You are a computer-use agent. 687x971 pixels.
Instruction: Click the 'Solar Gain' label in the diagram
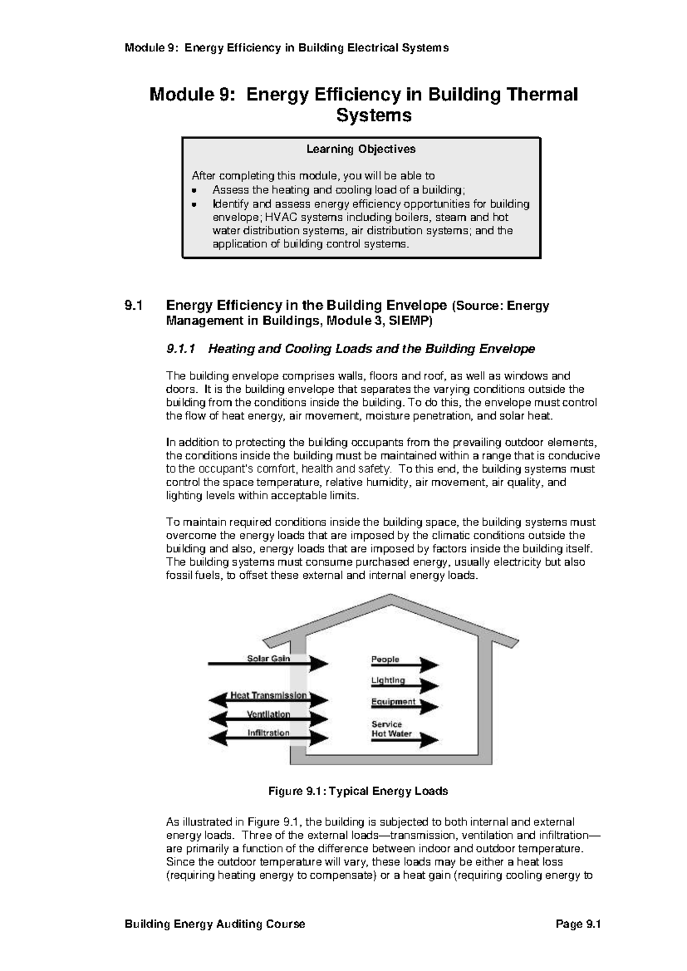click(269, 658)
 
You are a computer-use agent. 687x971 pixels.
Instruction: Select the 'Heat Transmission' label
click(269, 695)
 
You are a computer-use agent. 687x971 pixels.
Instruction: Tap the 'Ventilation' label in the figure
click(269, 714)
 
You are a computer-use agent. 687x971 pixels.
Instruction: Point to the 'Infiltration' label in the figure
click(269, 732)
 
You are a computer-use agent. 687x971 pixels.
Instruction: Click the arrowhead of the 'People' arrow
click(429, 665)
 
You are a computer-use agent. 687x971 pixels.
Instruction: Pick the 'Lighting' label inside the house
click(388, 680)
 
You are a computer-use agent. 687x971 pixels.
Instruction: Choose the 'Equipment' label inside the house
click(393, 701)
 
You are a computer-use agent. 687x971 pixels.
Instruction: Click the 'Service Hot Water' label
click(392, 729)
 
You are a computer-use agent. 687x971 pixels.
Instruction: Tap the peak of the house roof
click(391, 597)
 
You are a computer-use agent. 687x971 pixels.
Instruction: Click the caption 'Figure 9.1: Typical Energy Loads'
click(358, 791)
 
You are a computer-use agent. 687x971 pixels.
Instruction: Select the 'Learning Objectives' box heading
click(361, 149)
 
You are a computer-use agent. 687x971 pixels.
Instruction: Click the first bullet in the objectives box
click(195, 191)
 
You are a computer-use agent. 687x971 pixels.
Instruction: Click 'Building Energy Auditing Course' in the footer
click(215, 924)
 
